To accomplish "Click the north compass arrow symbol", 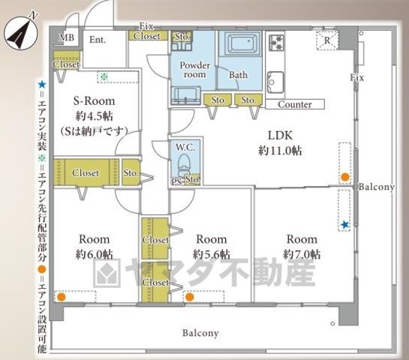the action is pyautogui.click(x=20, y=32).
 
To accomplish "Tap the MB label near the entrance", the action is pyautogui.click(x=67, y=37).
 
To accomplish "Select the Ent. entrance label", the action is pyautogui.click(x=98, y=40).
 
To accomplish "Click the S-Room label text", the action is pyautogui.click(x=94, y=101).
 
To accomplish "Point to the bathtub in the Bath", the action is pyautogui.click(x=239, y=43).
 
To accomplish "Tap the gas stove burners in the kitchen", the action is pyautogui.click(x=276, y=43).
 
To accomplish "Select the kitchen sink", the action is pyautogui.click(x=275, y=82).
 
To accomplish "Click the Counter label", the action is pyautogui.click(x=295, y=104).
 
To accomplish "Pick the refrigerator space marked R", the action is pyautogui.click(x=327, y=40).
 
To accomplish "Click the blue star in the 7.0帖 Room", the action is pyautogui.click(x=345, y=225).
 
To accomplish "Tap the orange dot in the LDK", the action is pyautogui.click(x=345, y=177).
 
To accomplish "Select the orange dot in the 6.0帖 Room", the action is pyautogui.click(x=61, y=297).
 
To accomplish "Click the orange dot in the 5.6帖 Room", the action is pyautogui.click(x=190, y=297).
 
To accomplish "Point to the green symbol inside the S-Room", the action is pyautogui.click(x=104, y=76).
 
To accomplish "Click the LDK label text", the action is pyautogui.click(x=281, y=135).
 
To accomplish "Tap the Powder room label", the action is pyautogui.click(x=194, y=70).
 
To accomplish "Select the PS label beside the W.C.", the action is pyautogui.click(x=176, y=181).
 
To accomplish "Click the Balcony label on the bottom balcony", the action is pyautogui.click(x=200, y=333).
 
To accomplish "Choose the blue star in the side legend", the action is pyautogui.click(x=42, y=84).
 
